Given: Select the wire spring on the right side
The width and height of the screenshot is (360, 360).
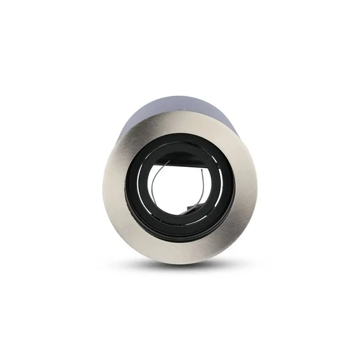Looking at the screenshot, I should click(x=205, y=185).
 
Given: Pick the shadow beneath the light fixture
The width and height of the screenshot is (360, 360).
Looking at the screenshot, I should click(x=181, y=267).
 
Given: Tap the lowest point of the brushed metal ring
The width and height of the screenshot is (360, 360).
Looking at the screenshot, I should click(x=180, y=263).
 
